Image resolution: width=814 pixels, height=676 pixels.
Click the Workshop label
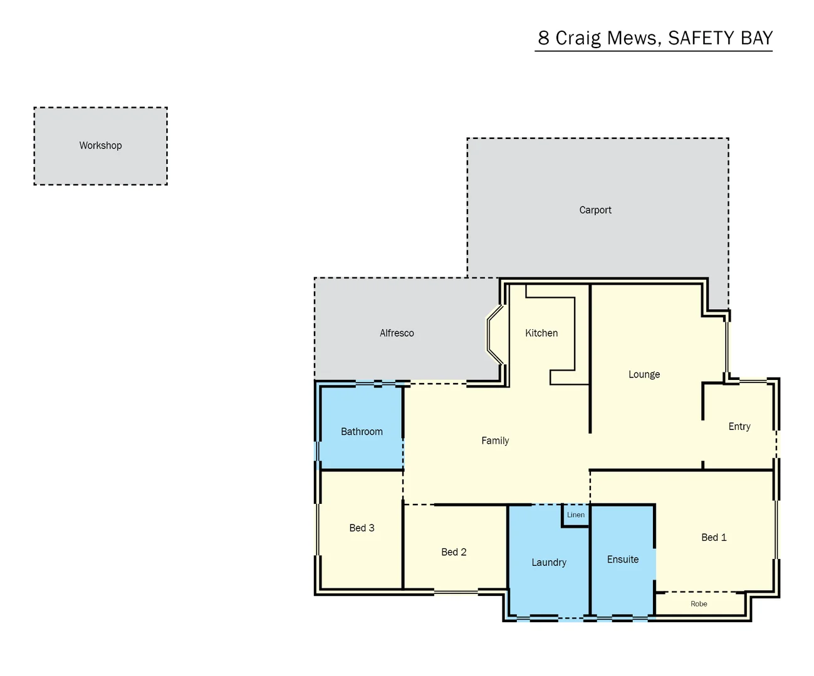tap(100, 145)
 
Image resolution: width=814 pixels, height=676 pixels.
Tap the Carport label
tap(595, 210)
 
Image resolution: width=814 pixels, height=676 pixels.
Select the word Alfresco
tap(397, 333)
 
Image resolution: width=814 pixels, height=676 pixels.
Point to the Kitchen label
tap(541, 333)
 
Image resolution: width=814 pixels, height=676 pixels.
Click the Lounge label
tap(644, 374)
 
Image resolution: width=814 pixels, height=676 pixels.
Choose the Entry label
tap(739, 426)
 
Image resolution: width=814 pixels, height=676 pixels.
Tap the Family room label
tap(495, 441)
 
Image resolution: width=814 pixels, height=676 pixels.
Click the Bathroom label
tap(362, 431)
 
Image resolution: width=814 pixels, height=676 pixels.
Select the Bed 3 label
tap(362, 528)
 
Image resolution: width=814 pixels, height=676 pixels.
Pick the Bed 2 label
tap(454, 552)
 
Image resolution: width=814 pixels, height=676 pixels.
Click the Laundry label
tap(549, 563)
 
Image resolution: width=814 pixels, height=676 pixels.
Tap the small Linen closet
tap(576, 515)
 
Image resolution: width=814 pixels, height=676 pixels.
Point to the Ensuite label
tap(623, 560)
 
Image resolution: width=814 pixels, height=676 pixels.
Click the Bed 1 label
tap(714, 537)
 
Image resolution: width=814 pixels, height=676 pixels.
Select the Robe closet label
tap(699, 604)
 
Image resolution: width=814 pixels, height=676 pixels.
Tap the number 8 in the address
tap(543, 38)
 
